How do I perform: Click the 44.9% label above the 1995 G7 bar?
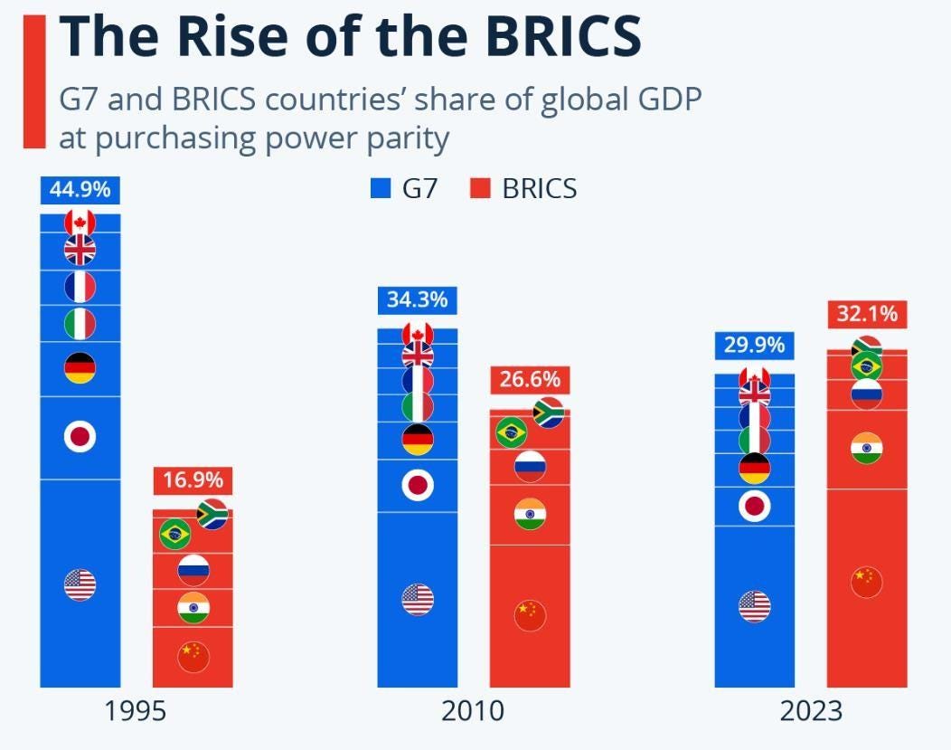click(80, 190)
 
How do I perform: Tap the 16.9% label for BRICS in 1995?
click(193, 480)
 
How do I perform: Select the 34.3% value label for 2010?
click(418, 299)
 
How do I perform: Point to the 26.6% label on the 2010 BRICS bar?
click(530, 380)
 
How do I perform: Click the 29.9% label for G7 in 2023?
click(755, 345)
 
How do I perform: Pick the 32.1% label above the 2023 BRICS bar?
click(867, 314)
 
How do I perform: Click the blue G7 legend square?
click(380, 189)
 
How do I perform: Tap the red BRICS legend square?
click(479, 189)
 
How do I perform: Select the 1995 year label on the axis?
click(136, 711)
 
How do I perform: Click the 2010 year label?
click(473, 711)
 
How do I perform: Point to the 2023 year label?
click(811, 711)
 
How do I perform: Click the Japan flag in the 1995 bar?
click(80, 437)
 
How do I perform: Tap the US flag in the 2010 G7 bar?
click(418, 599)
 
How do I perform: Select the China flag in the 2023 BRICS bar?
click(867, 582)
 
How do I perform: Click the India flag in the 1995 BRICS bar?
click(193, 606)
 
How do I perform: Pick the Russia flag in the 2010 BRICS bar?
click(530, 466)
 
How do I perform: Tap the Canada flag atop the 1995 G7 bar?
click(80, 221)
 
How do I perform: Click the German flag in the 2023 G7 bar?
click(755, 469)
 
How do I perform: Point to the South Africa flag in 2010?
click(549, 413)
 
